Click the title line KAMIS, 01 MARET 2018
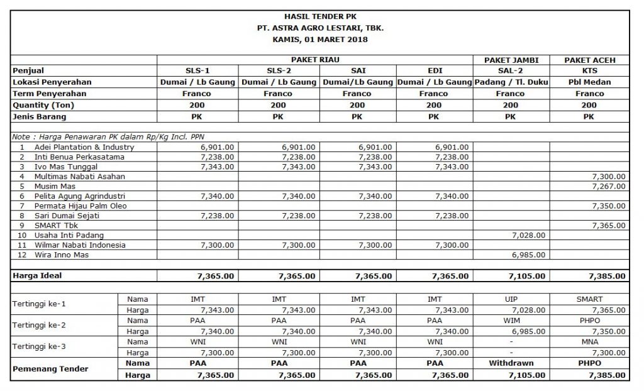tap(321, 40)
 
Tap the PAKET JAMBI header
tap(511, 60)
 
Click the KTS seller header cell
tap(589, 70)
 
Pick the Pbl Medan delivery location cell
tap(589, 82)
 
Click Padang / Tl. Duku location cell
tap(511, 82)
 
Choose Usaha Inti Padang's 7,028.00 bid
tap(528, 235)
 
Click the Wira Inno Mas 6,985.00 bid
tap(528, 255)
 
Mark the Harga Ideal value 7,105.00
tap(526, 275)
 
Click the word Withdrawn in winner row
tap(511, 363)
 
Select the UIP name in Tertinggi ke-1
tap(511, 299)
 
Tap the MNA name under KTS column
tap(589, 341)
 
